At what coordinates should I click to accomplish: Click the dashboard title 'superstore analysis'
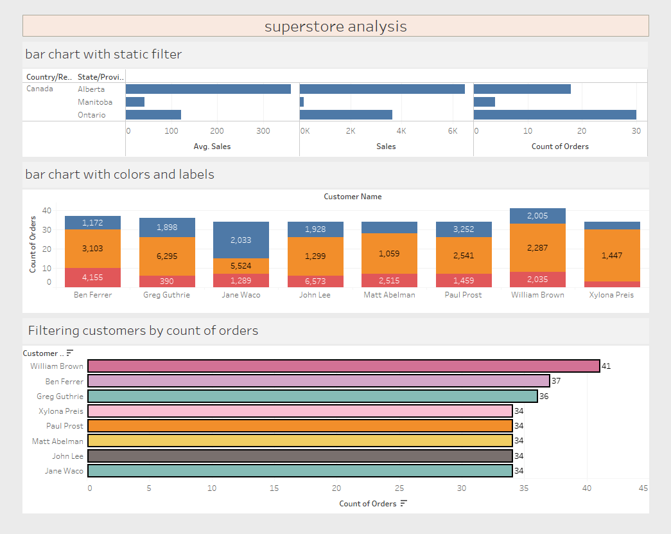click(x=335, y=26)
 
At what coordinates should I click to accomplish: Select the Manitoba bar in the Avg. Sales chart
click(x=135, y=102)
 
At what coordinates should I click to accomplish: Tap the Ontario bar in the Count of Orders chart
click(x=555, y=115)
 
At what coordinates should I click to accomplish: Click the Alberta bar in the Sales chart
click(x=382, y=89)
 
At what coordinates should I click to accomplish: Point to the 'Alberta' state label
click(x=91, y=89)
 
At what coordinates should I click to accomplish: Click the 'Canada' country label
click(x=40, y=89)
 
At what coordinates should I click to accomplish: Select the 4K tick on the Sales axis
click(x=401, y=131)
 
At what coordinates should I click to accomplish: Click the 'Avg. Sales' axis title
click(x=212, y=147)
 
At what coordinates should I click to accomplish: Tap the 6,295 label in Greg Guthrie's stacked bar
click(x=167, y=256)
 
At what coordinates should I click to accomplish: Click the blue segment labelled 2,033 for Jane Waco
click(x=241, y=240)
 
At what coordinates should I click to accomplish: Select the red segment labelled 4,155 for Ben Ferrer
click(x=92, y=278)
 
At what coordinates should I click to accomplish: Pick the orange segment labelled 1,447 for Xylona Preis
click(x=612, y=255)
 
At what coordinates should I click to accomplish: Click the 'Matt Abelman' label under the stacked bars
click(x=389, y=295)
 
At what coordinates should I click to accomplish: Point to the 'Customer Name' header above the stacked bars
click(x=353, y=197)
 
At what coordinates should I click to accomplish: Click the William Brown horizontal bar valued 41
click(x=344, y=366)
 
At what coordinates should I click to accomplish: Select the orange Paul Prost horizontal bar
click(x=300, y=425)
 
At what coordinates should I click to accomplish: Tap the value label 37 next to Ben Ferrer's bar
click(x=556, y=380)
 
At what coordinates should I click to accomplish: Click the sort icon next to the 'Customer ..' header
click(x=70, y=353)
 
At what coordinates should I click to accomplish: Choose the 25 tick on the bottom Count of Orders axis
click(x=399, y=488)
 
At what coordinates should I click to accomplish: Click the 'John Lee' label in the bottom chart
click(x=67, y=456)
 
